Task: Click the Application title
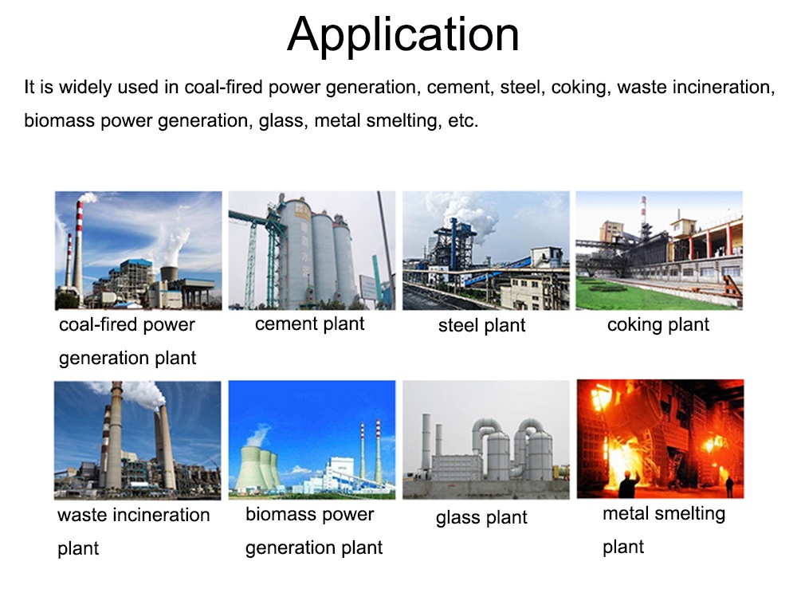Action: [403, 34]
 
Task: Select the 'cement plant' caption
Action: [309, 324]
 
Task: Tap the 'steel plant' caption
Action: [482, 325]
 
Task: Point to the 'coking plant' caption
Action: [658, 325]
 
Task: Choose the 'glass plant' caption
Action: [481, 517]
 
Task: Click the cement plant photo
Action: [312, 250]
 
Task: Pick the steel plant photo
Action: [486, 250]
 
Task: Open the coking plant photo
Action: [659, 250]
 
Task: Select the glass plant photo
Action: [486, 440]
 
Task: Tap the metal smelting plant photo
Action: [660, 438]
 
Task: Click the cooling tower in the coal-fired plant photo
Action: [169, 273]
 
